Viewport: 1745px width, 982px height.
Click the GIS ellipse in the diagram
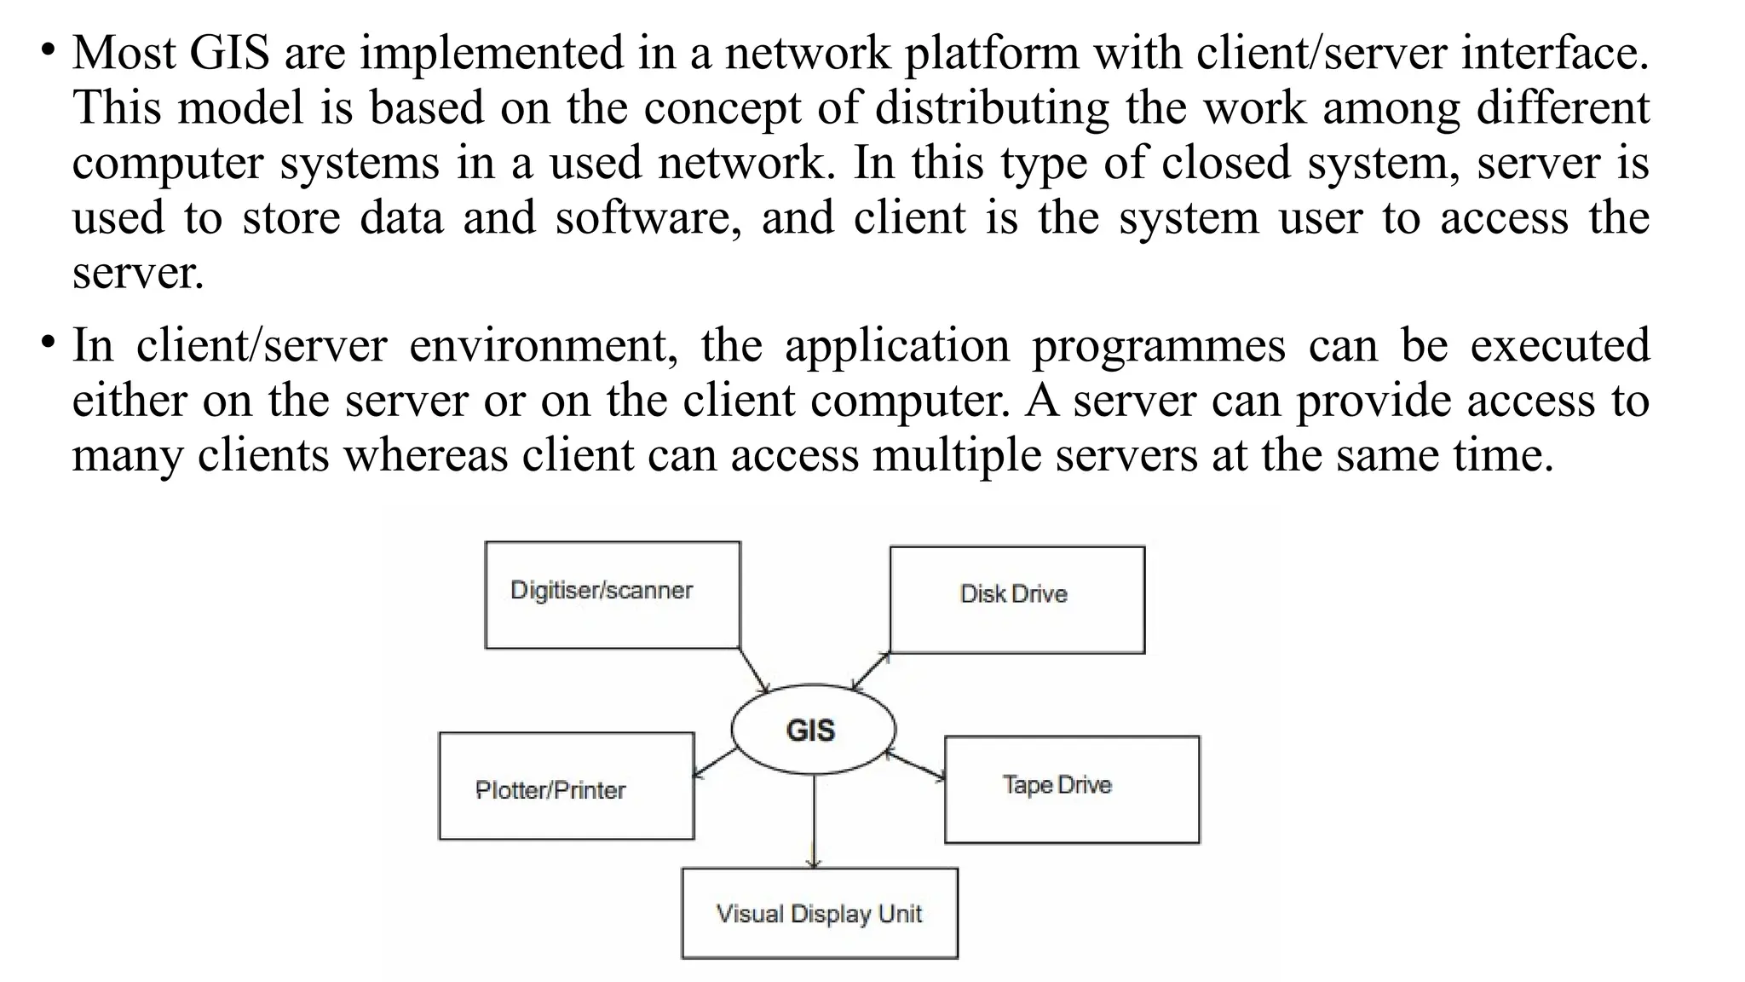pos(813,730)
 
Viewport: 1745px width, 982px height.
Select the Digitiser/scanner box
pos(612,595)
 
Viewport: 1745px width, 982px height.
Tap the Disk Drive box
pos(1016,600)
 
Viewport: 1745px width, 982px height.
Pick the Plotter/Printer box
pos(566,786)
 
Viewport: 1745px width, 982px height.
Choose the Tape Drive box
pos(1071,789)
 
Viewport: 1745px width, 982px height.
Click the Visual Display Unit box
pos(819,913)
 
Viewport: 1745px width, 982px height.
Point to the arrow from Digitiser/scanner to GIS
pos(753,670)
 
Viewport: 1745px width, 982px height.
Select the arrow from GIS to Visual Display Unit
pos(815,822)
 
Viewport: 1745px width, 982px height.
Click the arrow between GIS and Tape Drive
pos(917,765)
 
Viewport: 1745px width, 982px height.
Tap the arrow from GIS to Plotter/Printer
pos(715,762)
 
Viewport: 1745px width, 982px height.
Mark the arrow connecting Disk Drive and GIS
pos(871,672)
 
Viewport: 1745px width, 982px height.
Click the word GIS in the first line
pos(228,53)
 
